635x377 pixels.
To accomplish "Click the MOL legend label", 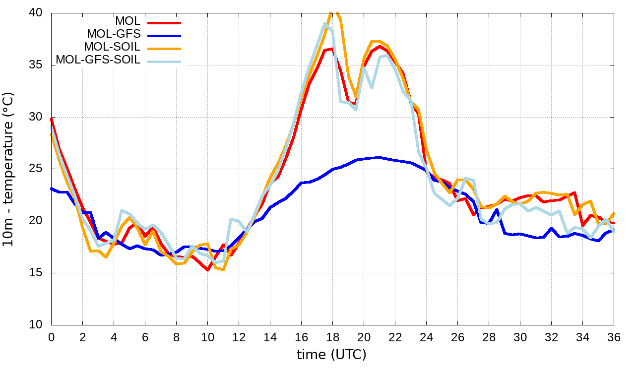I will click(x=127, y=21).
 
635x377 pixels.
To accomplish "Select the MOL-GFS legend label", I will click(x=114, y=34).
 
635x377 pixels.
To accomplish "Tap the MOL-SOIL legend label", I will click(x=112, y=47).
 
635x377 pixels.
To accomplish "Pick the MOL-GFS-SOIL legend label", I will click(x=98, y=60).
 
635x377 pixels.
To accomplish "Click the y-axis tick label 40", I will click(x=38, y=13).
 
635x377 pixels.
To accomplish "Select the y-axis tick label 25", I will click(x=38, y=169).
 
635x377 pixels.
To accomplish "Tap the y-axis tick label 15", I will click(x=38, y=273).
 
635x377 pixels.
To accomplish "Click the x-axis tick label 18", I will click(x=332, y=337).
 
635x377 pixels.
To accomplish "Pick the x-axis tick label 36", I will click(x=614, y=337).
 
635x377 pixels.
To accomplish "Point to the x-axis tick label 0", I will click(x=51, y=337).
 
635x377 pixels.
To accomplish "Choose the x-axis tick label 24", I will click(x=426, y=337).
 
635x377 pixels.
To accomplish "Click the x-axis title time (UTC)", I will click(x=331, y=355).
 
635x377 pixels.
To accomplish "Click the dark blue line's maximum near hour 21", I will click(x=379, y=157).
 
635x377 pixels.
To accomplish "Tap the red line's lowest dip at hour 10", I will click(x=207, y=270).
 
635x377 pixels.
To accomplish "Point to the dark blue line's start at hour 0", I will click(x=52, y=188).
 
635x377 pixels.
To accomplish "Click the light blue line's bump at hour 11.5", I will click(x=231, y=219).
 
